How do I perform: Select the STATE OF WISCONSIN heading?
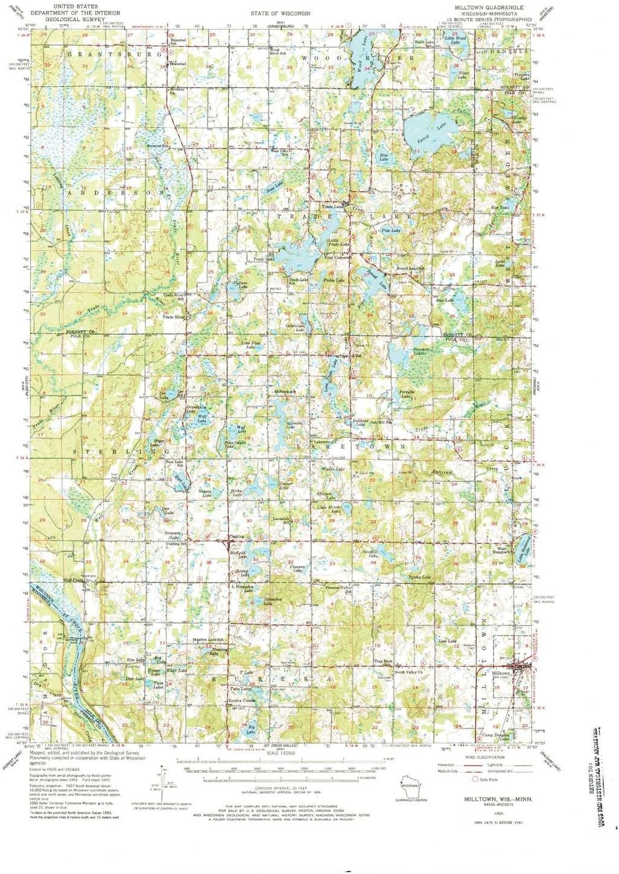[281, 13]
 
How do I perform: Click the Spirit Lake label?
[442, 125]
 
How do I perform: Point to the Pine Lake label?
[390, 230]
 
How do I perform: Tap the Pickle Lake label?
[334, 280]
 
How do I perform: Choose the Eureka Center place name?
[241, 700]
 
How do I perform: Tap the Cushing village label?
[236, 536]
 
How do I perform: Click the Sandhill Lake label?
[370, 553]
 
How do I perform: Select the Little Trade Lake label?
[338, 242]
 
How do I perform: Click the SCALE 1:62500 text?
[281, 753]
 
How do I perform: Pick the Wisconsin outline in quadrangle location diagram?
[411, 786]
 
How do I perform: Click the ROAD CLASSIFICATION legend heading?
[484, 757]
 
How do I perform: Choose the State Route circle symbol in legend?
[475, 779]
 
